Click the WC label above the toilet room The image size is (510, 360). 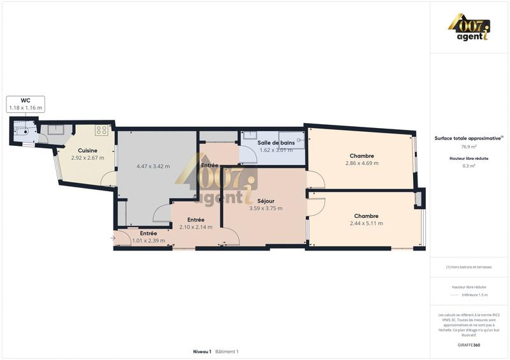coord(25,100)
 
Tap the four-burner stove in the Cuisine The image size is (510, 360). coord(101,130)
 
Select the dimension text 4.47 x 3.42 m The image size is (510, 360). coord(153,166)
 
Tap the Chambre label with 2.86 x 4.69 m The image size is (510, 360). coord(361,155)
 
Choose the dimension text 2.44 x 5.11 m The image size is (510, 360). coord(367,224)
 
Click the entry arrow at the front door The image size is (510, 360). coord(113,238)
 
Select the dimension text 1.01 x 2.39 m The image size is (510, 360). coord(149,241)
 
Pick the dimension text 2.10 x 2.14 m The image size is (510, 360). coord(196,227)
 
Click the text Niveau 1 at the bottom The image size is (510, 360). coord(201,352)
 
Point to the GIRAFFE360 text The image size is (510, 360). coord(469,345)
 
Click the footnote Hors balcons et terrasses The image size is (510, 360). coord(469,267)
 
